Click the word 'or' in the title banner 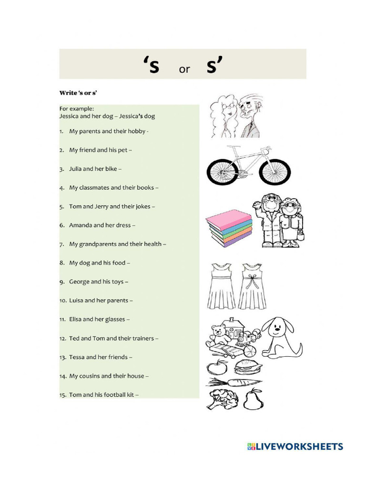pos(184,70)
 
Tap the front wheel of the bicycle pos(274,171)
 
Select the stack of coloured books pos(229,228)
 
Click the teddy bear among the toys pos(219,334)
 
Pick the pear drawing pos(253,399)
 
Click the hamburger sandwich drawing pos(247,367)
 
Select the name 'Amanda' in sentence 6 pos(81,225)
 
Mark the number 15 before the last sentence pos(63,395)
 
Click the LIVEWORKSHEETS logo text pos(299,447)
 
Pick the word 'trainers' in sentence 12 pos(142,339)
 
